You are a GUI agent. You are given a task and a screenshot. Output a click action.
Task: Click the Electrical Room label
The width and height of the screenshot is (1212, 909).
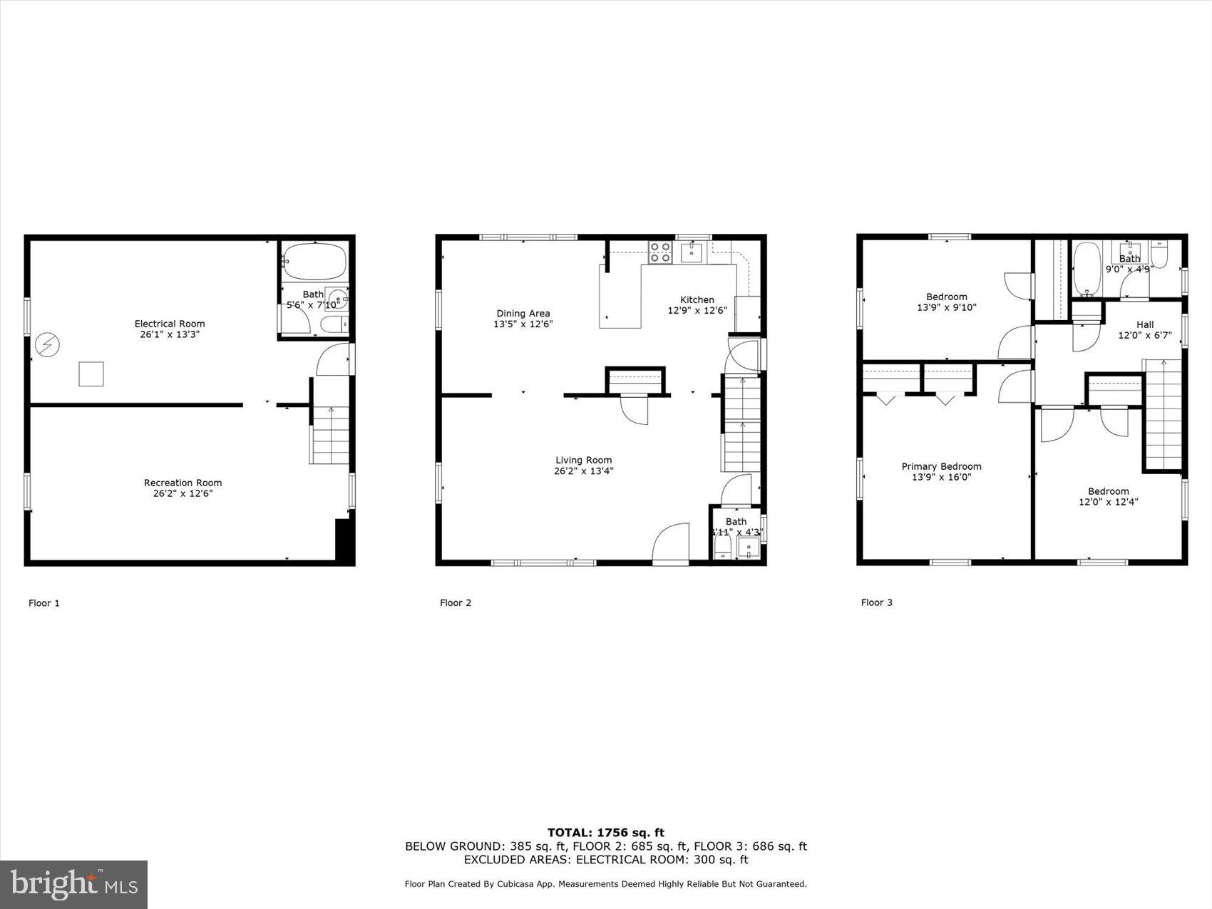point(170,324)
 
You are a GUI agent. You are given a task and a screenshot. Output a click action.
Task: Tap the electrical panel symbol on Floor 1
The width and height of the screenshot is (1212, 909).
point(48,346)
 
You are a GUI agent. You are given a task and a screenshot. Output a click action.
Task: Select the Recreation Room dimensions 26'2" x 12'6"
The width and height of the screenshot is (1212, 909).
point(183,493)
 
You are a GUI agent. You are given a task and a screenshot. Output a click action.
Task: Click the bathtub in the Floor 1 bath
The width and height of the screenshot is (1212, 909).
point(314,260)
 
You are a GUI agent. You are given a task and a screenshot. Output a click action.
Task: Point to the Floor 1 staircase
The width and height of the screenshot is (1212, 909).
point(331,436)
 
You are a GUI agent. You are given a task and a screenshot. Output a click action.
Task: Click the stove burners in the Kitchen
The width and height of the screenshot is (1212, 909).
point(660,252)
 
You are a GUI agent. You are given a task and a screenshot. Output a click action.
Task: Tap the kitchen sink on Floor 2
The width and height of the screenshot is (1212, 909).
point(692,252)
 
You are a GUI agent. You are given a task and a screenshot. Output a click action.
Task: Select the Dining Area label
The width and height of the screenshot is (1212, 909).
point(523,314)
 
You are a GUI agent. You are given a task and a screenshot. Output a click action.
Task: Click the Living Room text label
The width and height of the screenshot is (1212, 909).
point(584,461)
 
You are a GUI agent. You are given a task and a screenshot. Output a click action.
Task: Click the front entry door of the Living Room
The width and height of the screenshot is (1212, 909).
point(671,545)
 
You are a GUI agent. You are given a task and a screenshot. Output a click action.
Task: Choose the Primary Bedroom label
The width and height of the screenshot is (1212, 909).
point(941,467)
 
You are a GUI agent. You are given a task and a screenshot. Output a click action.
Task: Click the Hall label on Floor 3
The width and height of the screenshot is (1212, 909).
point(1145,325)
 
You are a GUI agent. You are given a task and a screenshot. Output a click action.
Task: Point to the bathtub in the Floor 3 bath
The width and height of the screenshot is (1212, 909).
point(1087,269)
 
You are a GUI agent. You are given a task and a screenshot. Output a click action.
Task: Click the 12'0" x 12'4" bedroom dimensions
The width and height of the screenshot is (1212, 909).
point(1108,502)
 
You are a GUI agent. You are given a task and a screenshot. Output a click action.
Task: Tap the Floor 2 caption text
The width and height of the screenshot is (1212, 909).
point(456,603)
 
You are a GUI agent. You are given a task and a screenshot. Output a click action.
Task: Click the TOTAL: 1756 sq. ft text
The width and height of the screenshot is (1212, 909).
point(605,832)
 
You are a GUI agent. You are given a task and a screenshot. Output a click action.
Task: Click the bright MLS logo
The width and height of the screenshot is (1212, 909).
point(74,885)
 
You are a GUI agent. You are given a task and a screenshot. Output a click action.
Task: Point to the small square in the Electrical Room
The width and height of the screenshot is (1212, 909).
point(91,374)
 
